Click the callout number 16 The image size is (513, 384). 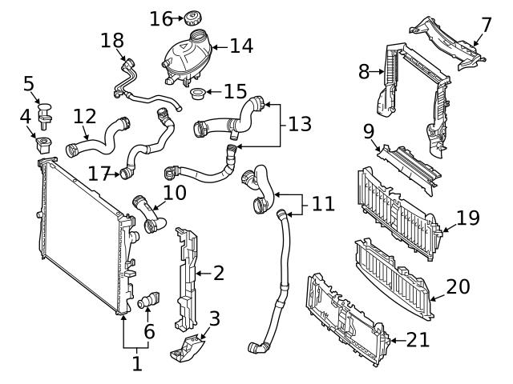[x=161, y=18]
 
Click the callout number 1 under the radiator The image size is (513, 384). [x=136, y=363]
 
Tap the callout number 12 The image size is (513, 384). [x=84, y=117]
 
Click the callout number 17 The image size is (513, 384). [x=99, y=173]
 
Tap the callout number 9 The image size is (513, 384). [x=368, y=129]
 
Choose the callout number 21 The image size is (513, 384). [x=418, y=338]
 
